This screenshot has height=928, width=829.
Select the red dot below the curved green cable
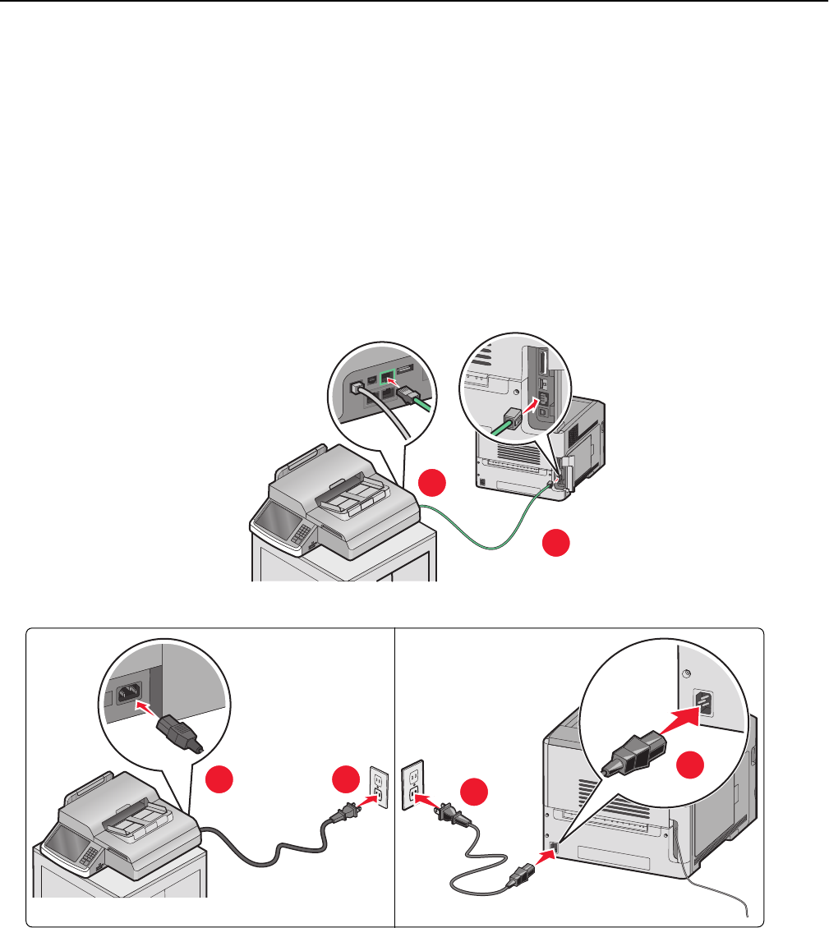point(557,544)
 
